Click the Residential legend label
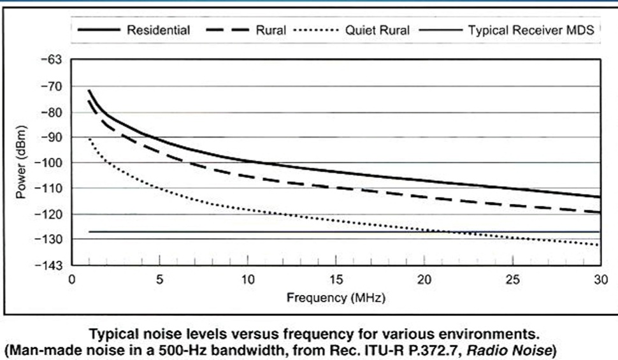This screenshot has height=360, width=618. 158,30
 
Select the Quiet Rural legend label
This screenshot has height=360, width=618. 378,30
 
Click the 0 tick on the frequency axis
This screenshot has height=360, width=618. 71,279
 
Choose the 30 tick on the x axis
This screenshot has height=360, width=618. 599,279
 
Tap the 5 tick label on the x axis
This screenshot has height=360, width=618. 159,279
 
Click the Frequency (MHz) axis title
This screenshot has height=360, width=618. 336,298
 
